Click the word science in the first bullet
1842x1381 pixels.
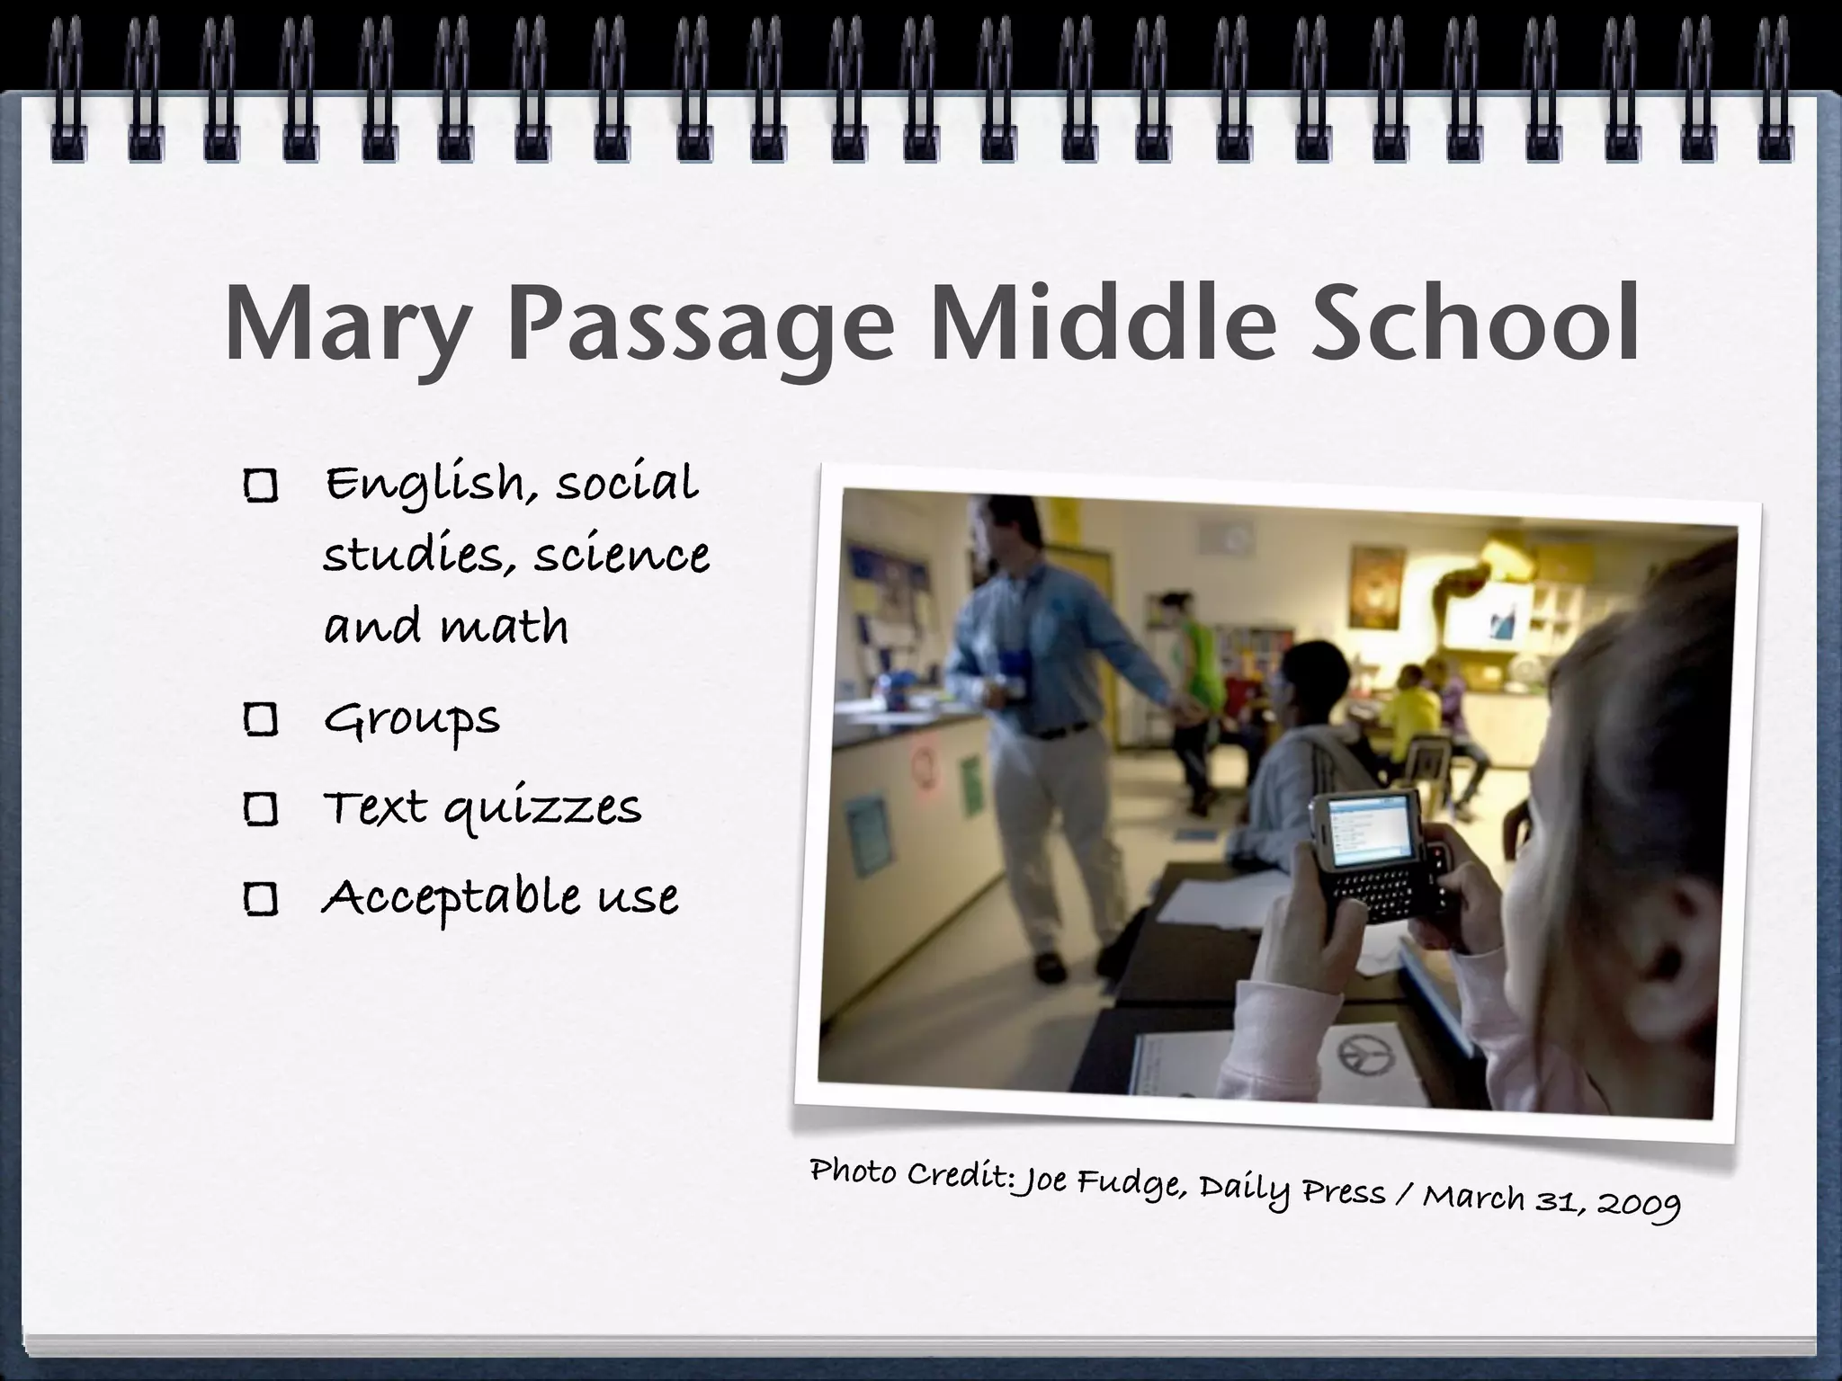point(621,555)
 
